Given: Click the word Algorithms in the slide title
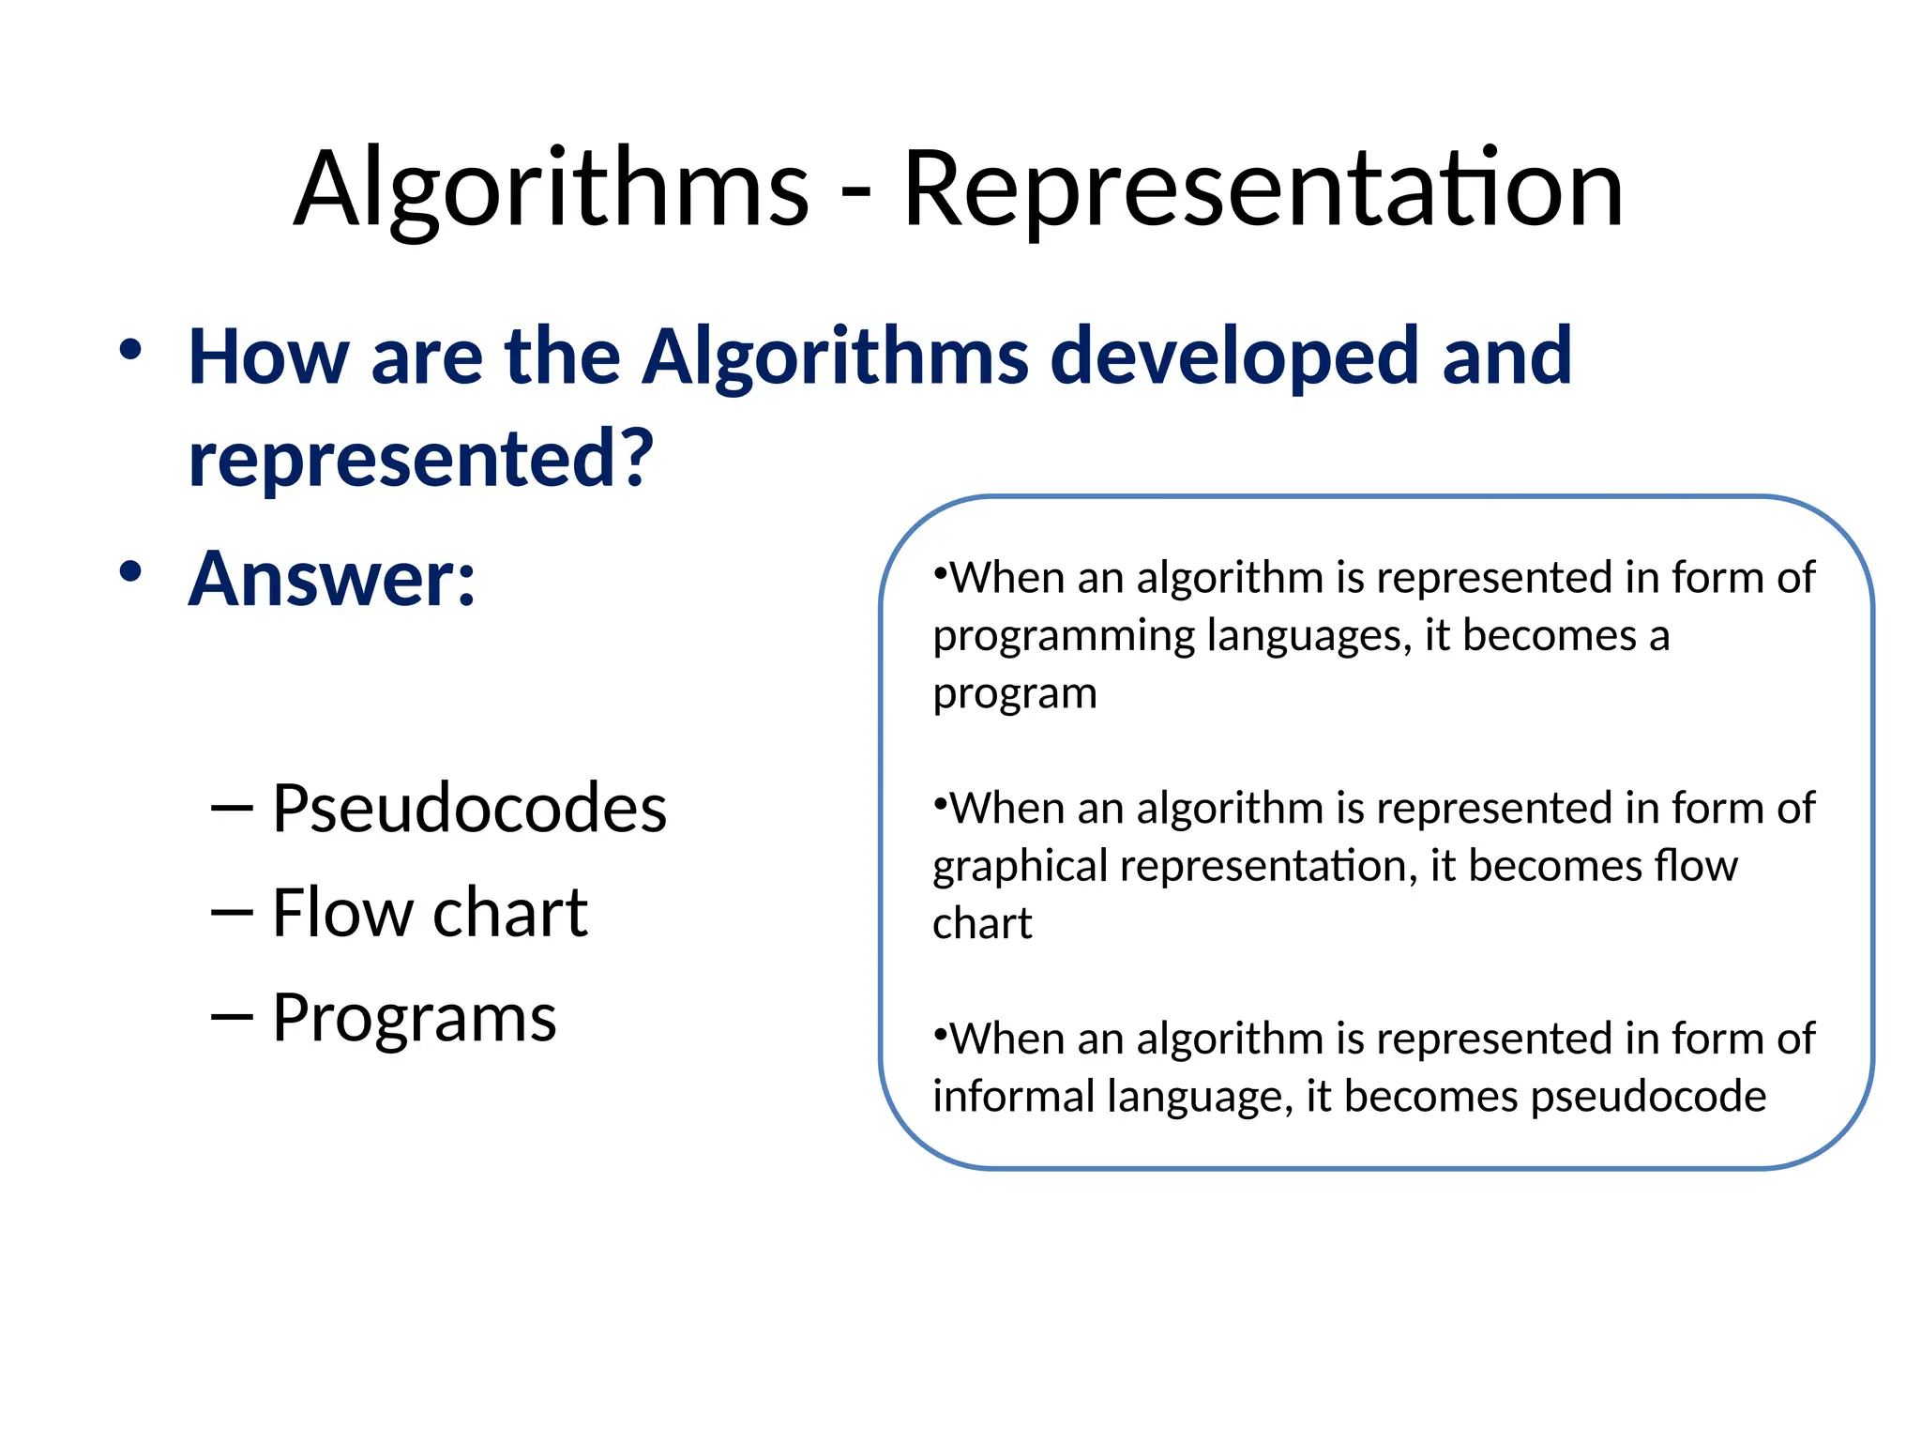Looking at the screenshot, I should point(551,190).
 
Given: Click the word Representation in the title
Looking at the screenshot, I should point(1262,190).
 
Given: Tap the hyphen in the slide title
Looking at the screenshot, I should point(855,195).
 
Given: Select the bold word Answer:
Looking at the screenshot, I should point(332,580).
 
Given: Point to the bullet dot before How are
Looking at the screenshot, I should point(130,350).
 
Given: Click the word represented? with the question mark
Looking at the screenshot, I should point(420,460).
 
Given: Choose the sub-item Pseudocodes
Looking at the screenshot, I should point(469,809).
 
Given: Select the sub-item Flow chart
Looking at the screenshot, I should point(430,913).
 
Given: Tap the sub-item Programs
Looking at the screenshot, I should point(414,1018).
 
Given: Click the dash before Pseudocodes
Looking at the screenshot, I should point(232,809).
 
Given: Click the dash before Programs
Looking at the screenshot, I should point(232,1018).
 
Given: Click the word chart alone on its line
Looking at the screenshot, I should point(981,924).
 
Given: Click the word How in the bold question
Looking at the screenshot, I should point(268,357).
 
